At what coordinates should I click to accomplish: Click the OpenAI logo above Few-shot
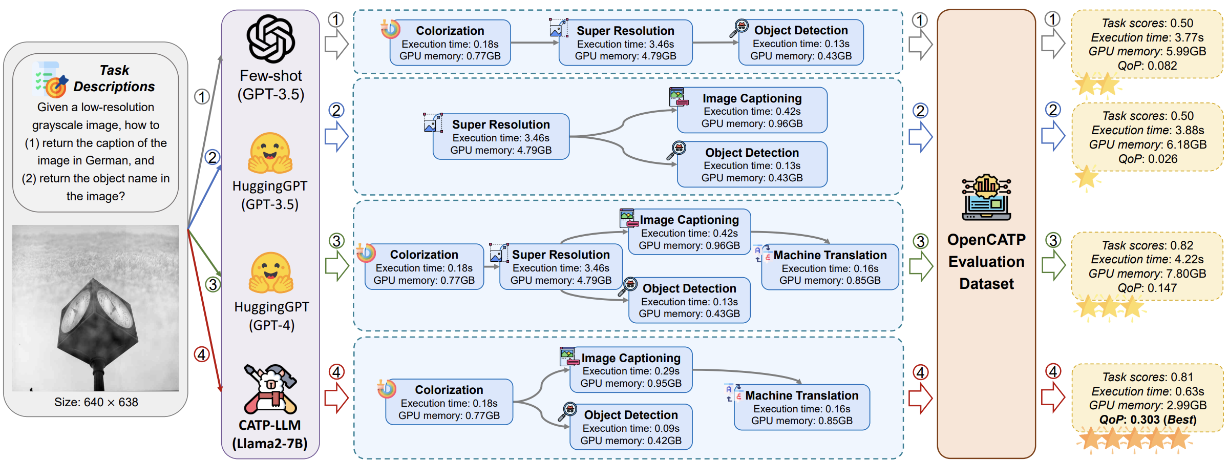point(270,39)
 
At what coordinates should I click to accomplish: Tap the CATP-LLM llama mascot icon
point(270,389)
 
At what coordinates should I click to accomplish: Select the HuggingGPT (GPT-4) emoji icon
point(271,273)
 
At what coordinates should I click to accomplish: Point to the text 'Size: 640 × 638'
point(96,402)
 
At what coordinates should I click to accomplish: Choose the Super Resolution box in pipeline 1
point(625,43)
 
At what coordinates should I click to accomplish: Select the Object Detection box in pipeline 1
point(801,43)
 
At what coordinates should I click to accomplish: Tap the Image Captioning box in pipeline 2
point(752,110)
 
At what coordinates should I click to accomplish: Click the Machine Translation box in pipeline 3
point(830,267)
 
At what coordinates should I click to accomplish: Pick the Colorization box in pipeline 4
point(449,403)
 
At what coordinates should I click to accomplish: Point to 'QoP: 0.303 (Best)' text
point(1148,420)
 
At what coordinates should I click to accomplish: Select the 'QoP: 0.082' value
point(1148,66)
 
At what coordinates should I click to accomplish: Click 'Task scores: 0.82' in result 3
point(1148,245)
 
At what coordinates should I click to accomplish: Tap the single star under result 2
point(1086,177)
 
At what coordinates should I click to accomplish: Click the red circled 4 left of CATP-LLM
point(202,354)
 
